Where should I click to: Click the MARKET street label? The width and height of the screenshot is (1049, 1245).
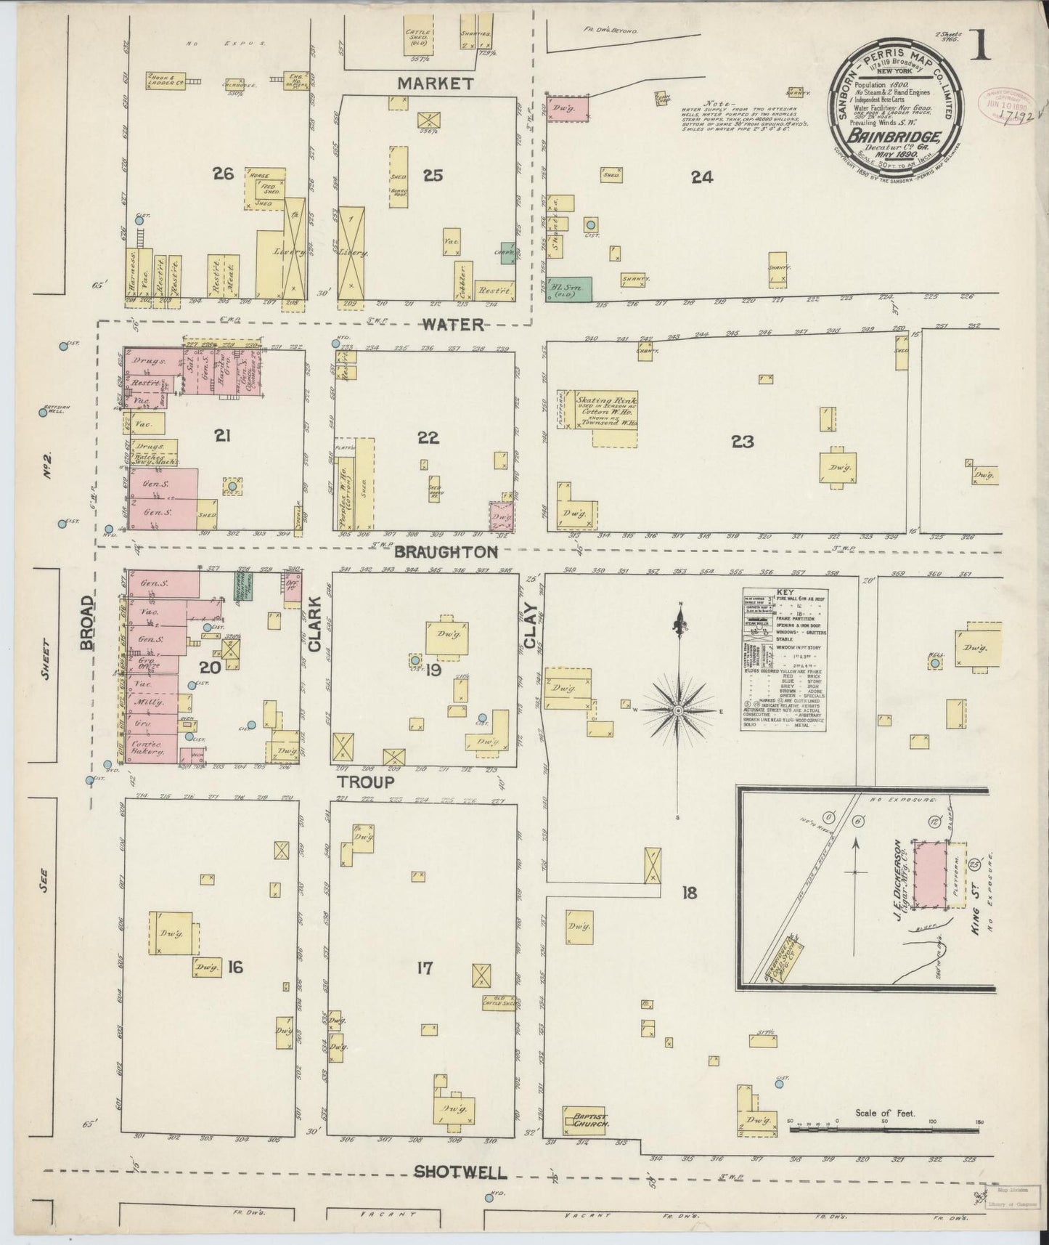coord(436,84)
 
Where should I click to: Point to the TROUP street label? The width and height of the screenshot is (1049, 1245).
coord(364,782)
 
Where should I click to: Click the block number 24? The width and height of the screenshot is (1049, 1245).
coord(701,176)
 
